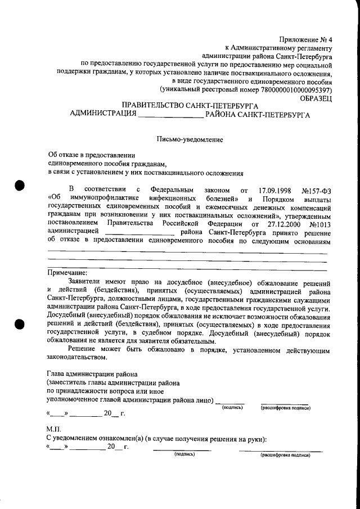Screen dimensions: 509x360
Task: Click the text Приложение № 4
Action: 306,39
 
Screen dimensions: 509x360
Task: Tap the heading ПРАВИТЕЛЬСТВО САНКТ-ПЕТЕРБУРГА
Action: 190,106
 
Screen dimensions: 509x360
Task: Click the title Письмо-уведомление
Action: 190,139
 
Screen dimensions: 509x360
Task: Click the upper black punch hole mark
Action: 21,186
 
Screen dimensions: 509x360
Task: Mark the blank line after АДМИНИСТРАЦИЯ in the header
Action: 170,115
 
